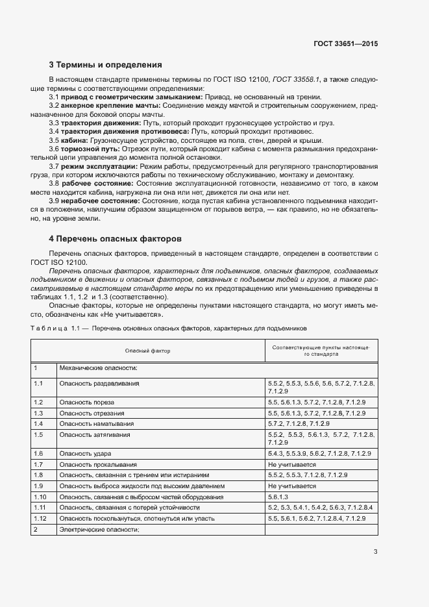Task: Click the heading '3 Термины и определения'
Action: pyautogui.click(x=105, y=65)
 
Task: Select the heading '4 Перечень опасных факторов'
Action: pyautogui.click(x=116, y=239)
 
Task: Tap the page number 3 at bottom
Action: pyautogui.click(x=375, y=552)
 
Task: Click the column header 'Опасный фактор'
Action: pyautogui.click(x=147, y=351)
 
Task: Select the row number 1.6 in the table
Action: pyautogui.click(x=38, y=452)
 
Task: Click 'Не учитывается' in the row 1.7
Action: pyautogui.click(x=291, y=465)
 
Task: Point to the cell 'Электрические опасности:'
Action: pyautogui.click(x=99, y=530)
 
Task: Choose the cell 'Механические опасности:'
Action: pyautogui.click(x=98, y=367)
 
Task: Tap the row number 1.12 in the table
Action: pyautogui.click(x=40, y=519)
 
